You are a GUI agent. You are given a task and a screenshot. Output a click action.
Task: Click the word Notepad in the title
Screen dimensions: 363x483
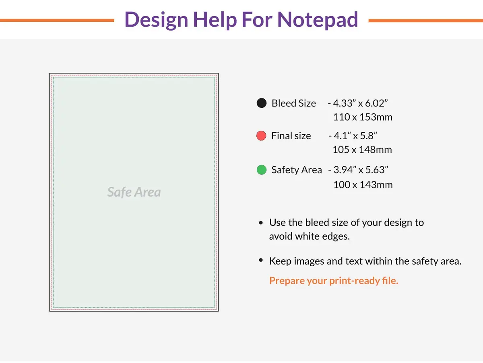coord(318,19)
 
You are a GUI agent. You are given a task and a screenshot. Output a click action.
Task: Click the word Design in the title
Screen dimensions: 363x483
coord(155,19)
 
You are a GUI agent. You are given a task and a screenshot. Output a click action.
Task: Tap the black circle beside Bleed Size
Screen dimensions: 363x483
coord(262,103)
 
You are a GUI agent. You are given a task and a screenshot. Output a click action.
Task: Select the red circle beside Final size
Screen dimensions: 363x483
coord(261,136)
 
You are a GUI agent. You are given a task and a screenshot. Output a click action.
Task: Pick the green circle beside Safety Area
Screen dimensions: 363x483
coord(262,170)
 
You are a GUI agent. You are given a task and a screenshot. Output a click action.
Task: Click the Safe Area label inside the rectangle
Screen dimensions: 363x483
coord(134,192)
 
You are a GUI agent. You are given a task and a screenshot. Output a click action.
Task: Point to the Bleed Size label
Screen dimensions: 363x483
coord(293,103)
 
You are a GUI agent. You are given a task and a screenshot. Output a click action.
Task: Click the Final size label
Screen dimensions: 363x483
coord(291,136)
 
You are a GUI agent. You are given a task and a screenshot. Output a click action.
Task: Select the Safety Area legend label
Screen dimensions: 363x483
coord(297,170)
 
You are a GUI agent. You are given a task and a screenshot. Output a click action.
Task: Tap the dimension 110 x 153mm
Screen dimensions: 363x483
coord(363,117)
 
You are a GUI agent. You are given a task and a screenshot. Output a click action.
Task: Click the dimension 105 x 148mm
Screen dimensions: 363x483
coord(362,150)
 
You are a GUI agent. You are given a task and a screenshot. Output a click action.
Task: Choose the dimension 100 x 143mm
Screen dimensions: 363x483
coord(363,185)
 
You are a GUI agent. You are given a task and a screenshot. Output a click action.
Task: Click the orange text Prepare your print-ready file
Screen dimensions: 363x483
coord(334,281)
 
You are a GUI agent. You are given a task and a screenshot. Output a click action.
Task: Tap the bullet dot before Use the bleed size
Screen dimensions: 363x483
coord(261,223)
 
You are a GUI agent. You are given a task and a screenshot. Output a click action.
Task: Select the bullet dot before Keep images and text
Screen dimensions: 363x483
coord(261,261)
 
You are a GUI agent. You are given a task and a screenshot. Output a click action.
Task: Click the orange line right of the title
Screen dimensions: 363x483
coord(425,20)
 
